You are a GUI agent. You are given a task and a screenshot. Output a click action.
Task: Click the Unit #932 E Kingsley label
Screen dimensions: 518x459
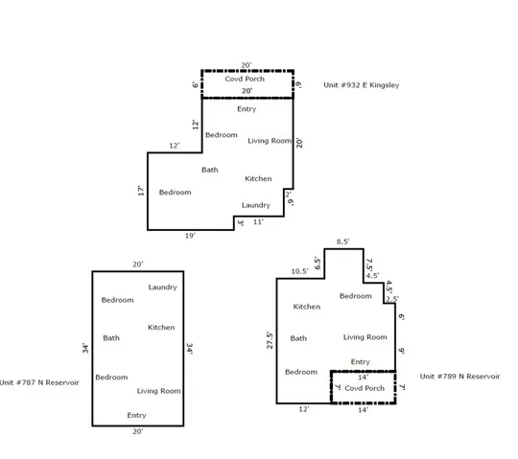(362, 85)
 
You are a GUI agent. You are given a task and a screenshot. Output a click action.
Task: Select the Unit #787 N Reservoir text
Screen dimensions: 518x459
(39, 382)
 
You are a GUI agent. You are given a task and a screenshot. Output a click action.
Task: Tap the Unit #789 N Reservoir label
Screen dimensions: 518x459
(459, 377)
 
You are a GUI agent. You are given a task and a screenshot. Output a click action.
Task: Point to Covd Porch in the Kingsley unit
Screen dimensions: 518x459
(245, 79)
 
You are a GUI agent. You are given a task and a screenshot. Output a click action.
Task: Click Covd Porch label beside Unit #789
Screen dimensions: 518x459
(365, 388)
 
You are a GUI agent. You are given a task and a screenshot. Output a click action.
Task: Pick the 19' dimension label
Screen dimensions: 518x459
(190, 236)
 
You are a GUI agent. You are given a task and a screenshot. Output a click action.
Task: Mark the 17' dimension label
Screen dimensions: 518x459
(141, 191)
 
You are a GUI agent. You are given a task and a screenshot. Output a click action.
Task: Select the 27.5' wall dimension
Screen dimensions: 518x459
(270, 340)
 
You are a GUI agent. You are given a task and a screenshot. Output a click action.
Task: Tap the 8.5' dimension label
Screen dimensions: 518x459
(342, 241)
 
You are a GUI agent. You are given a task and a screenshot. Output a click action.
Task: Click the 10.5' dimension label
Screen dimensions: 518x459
(300, 271)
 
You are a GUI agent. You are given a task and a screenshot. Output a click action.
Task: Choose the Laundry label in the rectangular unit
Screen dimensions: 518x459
(162, 287)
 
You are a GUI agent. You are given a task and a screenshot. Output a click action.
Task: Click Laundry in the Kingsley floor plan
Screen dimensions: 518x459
(256, 205)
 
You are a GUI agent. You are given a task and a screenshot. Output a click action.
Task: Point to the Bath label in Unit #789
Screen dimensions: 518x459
(298, 338)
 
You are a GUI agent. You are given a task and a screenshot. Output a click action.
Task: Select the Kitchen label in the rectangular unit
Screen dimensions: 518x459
(161, 328)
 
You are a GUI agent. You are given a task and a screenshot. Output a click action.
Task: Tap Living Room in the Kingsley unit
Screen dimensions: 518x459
(270, 141)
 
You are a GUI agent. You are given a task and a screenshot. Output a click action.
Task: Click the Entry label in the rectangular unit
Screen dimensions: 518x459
(136, 415)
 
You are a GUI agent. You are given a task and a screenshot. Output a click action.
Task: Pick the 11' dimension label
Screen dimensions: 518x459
(259, 222)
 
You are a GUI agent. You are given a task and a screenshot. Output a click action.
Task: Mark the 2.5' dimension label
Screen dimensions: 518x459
(392, 299)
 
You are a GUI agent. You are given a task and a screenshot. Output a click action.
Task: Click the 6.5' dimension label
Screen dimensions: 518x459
(318, 263)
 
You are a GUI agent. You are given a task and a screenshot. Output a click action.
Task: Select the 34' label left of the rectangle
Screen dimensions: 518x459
(85, 348)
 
